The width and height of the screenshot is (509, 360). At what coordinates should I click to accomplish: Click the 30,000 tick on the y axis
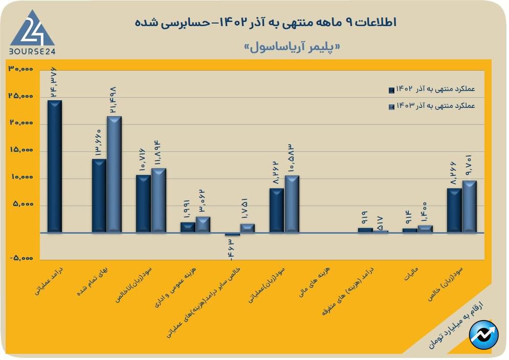click(21, 69)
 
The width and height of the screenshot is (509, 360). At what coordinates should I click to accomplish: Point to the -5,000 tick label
click(21, 259)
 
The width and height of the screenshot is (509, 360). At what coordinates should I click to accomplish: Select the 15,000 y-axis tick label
click(21, 151)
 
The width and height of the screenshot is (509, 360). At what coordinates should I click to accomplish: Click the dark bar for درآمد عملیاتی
click(55, 166)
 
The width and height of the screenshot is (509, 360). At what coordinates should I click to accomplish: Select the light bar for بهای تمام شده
click(114, 174)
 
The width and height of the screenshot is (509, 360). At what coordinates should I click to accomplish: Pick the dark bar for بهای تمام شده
click(99, 196)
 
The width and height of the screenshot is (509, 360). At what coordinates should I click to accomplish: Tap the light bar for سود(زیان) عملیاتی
click(292, 204)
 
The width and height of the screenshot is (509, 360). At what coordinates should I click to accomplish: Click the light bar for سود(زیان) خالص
click(469, 207)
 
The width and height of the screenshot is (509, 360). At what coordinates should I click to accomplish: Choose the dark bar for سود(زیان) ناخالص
click(143, 204)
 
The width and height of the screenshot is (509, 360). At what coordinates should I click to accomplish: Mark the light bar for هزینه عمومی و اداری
click(203, 224)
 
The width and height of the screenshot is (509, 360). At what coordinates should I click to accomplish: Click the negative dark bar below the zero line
click(233, 235)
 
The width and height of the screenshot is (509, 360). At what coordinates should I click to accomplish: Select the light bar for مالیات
click(425, 229)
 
